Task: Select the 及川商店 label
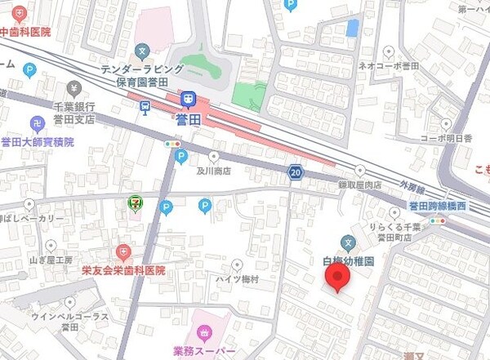(x=214, y=171)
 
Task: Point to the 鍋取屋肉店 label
(x=360, y=185)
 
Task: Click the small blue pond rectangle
(x=352, y=28)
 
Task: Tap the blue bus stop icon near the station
(x=145, y=105)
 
